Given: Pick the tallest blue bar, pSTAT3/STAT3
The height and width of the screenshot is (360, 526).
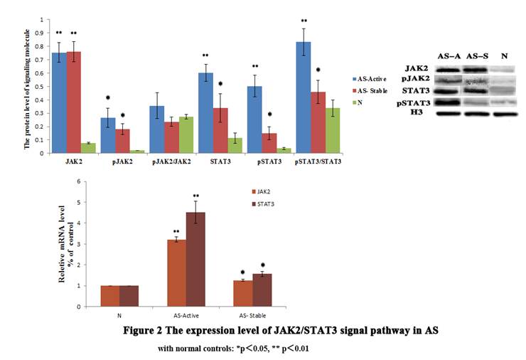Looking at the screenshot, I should (304, 97).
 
